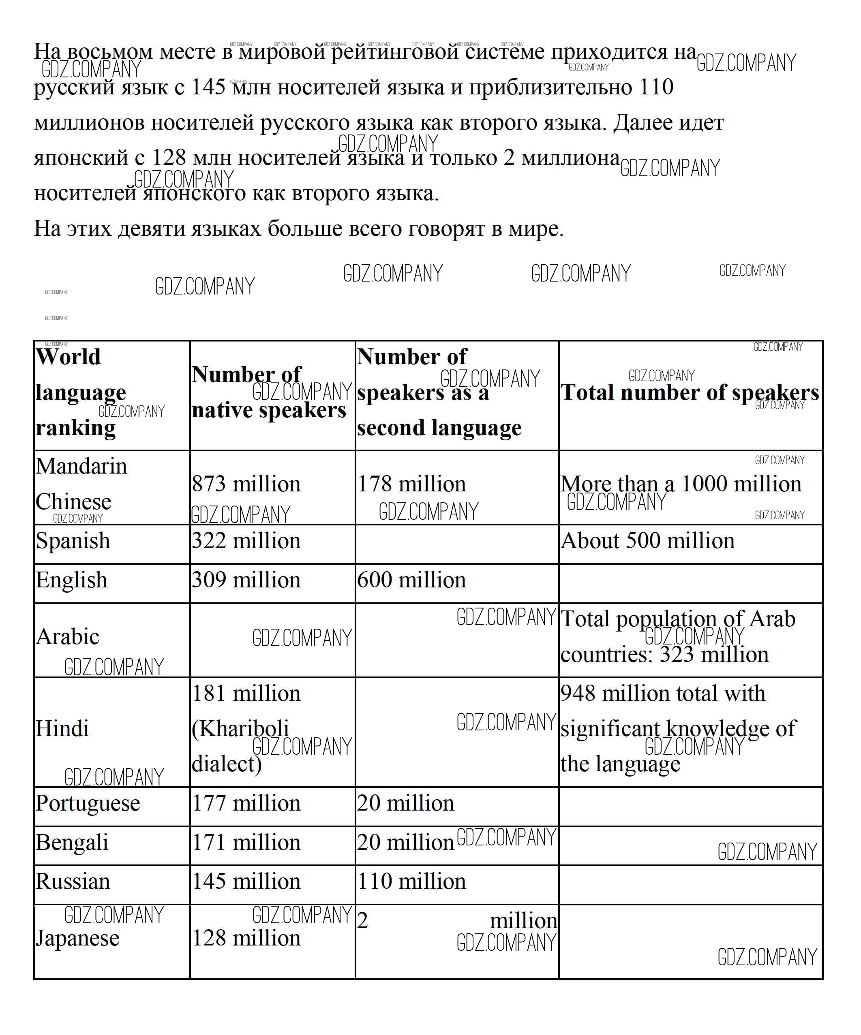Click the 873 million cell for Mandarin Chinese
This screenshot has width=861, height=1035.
point(246,484)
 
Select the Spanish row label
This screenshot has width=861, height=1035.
point(73,541)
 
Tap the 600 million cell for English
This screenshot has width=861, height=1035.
point(411,580)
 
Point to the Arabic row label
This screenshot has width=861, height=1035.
point(68,636)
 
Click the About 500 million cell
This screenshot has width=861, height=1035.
point(647,541)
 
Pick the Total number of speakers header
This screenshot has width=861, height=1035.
point(690,393)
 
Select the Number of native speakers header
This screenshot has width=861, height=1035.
point(269,392)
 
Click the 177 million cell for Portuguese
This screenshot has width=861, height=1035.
point(246,803)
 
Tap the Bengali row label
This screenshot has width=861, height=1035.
point(71,842)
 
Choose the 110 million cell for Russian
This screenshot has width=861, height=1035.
point(411,881)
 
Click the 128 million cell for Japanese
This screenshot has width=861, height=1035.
point(246,938)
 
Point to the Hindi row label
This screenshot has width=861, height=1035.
point(62,728)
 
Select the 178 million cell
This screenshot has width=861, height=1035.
point(411,484)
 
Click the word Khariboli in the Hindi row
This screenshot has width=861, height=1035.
point(241,728)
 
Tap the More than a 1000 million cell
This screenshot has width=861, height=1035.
point(681,484)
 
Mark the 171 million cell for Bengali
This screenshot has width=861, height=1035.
point(246,842)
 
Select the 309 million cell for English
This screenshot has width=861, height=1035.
point(246,580)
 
